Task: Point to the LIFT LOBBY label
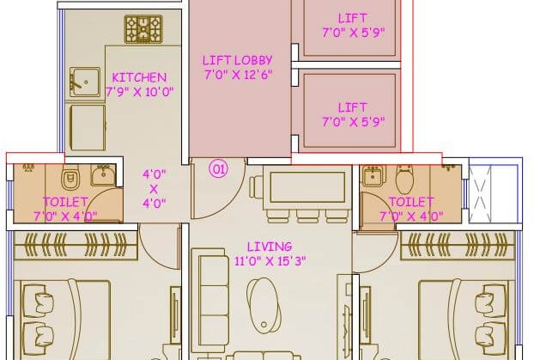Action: [x=237, y=60]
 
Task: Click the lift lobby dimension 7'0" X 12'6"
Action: [x=238, y=74]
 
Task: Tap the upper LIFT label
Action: [x=352, y=17]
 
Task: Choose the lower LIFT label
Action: [x=352, y=107]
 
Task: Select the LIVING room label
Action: [x=268, y=247]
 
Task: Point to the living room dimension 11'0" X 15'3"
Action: [x=269, y=260]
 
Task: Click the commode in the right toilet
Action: [x=405, y=180]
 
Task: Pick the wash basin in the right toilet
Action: [x=373, y=176]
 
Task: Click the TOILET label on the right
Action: [x=410, y=203]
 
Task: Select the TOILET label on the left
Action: [x=64, y=203]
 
